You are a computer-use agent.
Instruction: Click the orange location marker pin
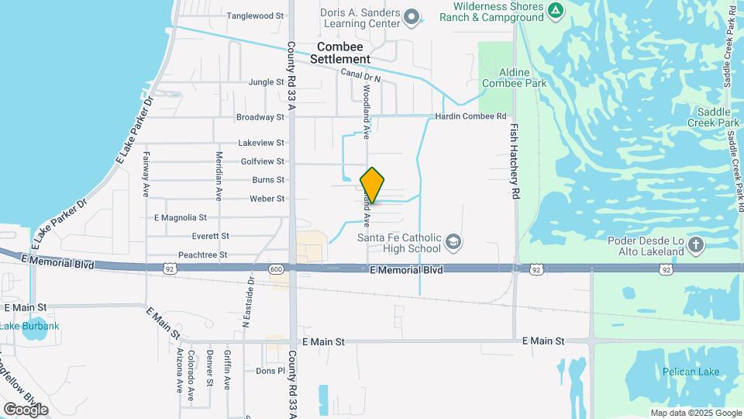[372, 185]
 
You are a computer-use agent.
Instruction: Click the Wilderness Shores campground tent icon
[555, 10]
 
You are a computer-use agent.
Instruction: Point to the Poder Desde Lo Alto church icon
[696, 246]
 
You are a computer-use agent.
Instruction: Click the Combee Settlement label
[340, 53]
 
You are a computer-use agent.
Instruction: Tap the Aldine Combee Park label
[515, 78]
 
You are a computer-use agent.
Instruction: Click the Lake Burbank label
[29, 326]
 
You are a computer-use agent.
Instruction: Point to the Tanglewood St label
[255, 16]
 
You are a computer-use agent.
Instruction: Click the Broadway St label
[260, 117]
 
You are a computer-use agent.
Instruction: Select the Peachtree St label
[202, 255]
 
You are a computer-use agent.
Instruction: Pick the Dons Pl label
[271, 371]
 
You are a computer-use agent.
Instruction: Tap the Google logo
[26, 409]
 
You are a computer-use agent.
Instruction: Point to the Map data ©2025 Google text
[696, 414]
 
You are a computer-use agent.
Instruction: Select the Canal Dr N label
[361, 75]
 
